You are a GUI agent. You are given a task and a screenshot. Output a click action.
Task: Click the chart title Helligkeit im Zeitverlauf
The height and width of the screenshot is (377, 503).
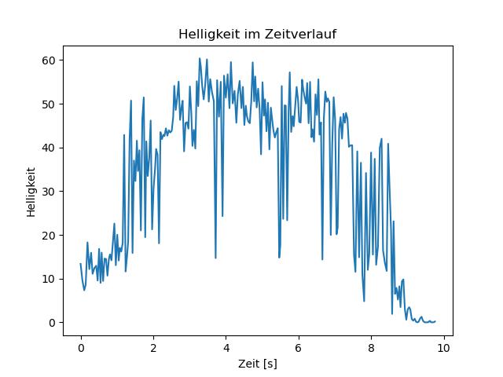pyautogui.click(x=257, y=34)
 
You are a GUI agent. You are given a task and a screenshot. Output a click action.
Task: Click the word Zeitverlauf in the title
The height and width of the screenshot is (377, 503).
pyautogui.click(x=300, y=34)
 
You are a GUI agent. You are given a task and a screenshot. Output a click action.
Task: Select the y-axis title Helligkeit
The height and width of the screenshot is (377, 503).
pyautogui.click(x=31, y=192)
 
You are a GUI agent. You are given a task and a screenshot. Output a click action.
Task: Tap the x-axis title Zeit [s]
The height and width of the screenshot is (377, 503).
pyautogui.click(x=258, y=364)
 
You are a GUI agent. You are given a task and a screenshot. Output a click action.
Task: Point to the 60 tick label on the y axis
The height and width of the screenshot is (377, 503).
pyautogui.click(x=49, y=60)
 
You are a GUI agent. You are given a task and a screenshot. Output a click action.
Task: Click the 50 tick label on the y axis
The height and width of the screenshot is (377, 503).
pyautogui.click(x=49, y=104)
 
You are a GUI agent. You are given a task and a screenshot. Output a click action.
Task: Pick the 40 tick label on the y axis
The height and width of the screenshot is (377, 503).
pyautogui.click(x=49, y=148)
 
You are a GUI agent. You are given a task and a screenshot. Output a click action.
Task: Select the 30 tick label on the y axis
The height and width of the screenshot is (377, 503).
pyautogui.click(x=49, y=192)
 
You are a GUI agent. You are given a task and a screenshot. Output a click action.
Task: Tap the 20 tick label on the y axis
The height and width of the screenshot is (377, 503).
pyautogui.click(x=49, y=236)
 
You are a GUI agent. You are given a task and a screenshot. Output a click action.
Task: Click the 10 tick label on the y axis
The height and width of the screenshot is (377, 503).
pyautogui.click(x=49, y=279)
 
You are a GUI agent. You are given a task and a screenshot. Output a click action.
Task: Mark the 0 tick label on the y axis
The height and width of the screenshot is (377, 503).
pyautogui.click(x=52, y=323)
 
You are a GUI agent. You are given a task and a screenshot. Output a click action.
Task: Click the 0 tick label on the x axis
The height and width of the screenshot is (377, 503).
pyautogui.click(x=81, y=348)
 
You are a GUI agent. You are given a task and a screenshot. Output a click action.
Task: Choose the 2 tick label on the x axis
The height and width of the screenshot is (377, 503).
pyautogui.click(x=153, y=348)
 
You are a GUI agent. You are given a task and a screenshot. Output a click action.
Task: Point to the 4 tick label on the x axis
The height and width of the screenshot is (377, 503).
pyautogui.click(x=226, y=348)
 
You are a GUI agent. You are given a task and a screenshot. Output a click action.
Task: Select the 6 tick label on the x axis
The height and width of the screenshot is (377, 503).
pyautogui.click(x=299, y=348)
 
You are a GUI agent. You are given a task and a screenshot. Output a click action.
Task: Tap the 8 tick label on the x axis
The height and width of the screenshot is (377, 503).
pyautogui.click(x=371, y=348)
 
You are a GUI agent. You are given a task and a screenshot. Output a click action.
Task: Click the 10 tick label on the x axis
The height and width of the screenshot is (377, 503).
pyautogui.click(x=443, y=348)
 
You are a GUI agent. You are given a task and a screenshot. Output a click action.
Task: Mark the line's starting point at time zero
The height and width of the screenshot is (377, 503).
pyautogui.click(x=80, y=264)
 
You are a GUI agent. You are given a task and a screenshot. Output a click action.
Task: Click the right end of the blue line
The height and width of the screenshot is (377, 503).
pyautogui.click(x=435, y=321)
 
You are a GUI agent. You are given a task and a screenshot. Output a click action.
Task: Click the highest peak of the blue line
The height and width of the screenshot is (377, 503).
pyautogui.click(x=199, y=58)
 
